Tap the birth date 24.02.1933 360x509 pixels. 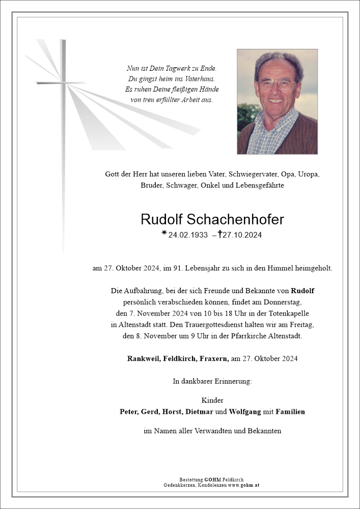coord(188,235)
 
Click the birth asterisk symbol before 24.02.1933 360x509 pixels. coord(164,234)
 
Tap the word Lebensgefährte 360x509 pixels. coord(260,185)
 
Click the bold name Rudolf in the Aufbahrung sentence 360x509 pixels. coord(302,291)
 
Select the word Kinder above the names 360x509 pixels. coord(212,400)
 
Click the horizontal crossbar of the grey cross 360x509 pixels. coord(60,82)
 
